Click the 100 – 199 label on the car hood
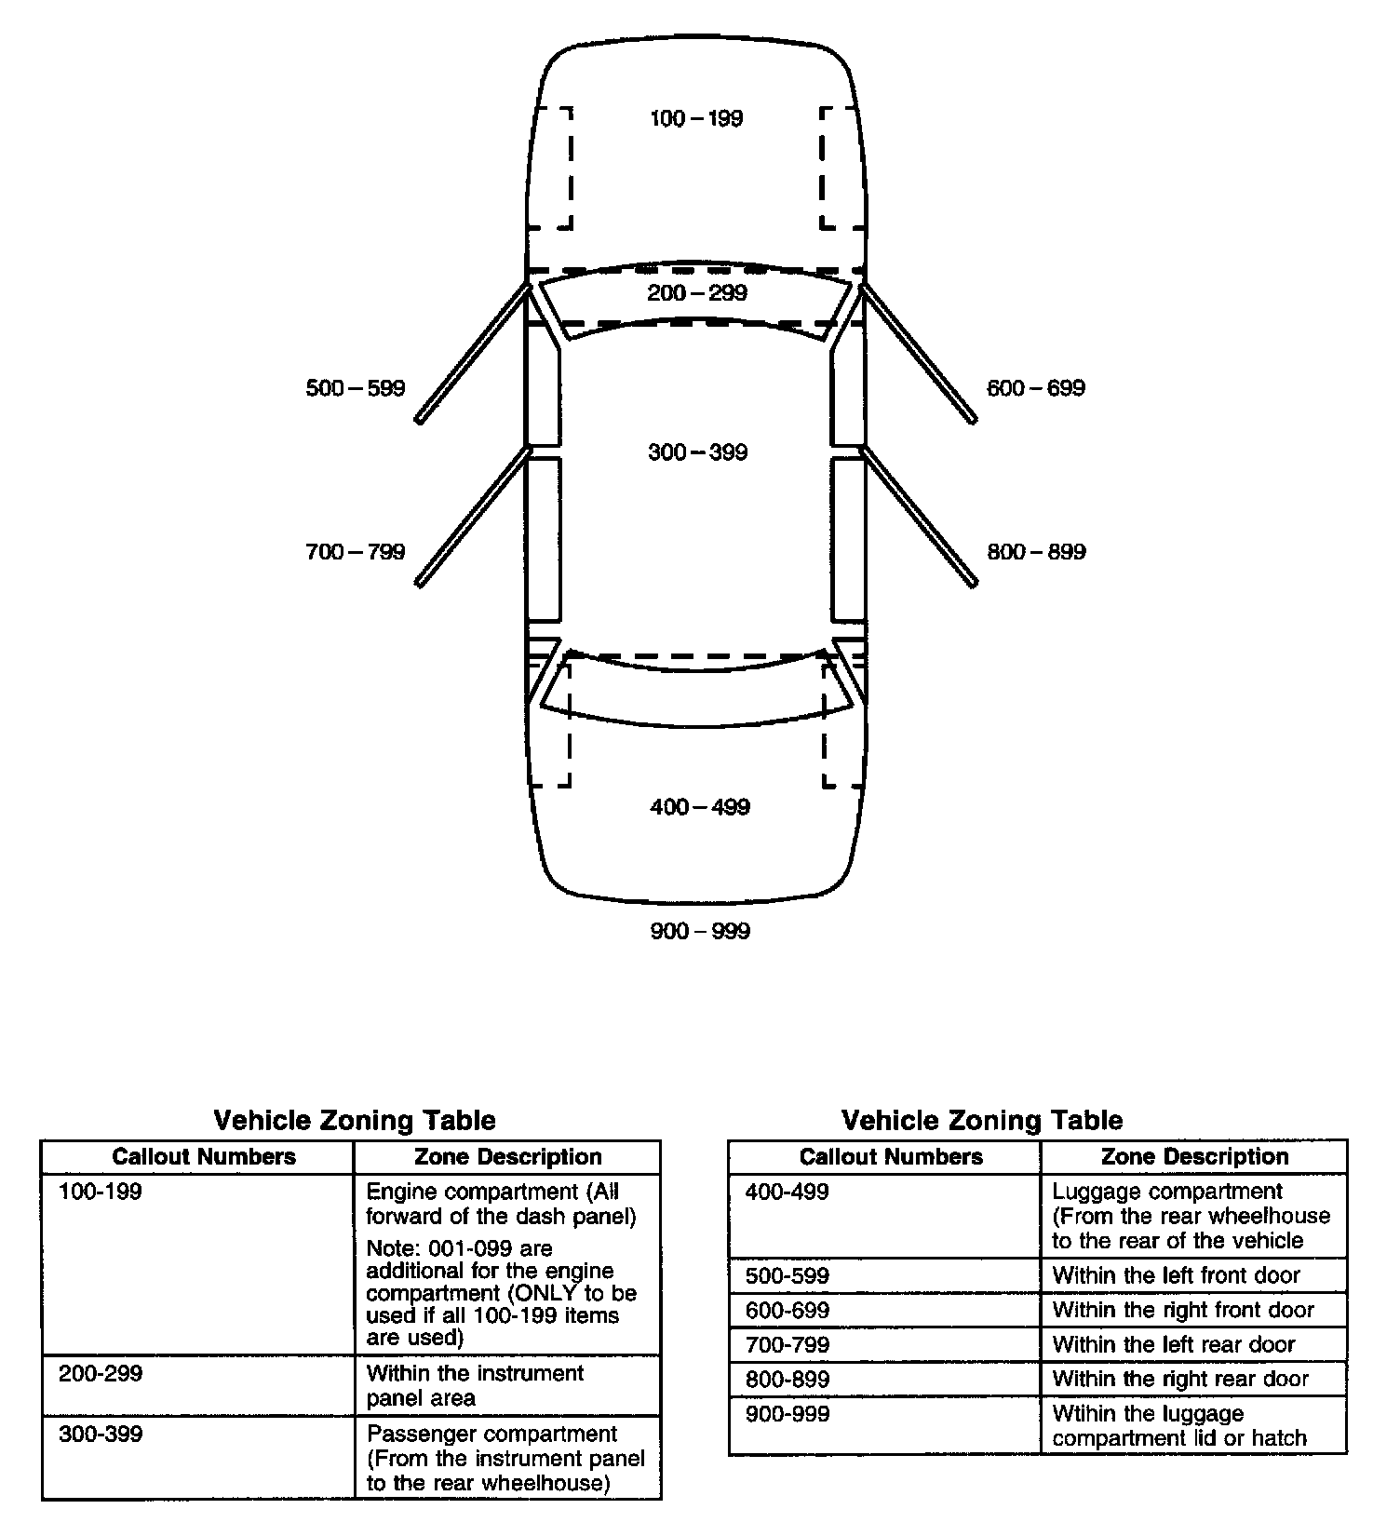click(696, 118)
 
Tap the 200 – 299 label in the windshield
click(697, 293)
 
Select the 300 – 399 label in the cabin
click(697, 452)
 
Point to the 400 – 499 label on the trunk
click(699, 807)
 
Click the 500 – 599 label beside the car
click(356, 388)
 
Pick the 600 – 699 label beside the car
click(1036, 388)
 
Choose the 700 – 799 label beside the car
click(356, 552)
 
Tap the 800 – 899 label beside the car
click(1036, 552)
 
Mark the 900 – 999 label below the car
click(699, 931)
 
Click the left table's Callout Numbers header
click(204, 1157)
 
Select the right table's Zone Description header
click(1194, 1157)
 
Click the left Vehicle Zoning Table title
click(355, 1120)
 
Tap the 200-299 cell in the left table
click(101, 1374)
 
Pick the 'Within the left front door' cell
click(1176, 1275)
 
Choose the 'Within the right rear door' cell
click(1180, 1379)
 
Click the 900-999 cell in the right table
click(787, 1414)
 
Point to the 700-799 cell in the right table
click(787, 1344)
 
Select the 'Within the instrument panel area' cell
click(475, 1385)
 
